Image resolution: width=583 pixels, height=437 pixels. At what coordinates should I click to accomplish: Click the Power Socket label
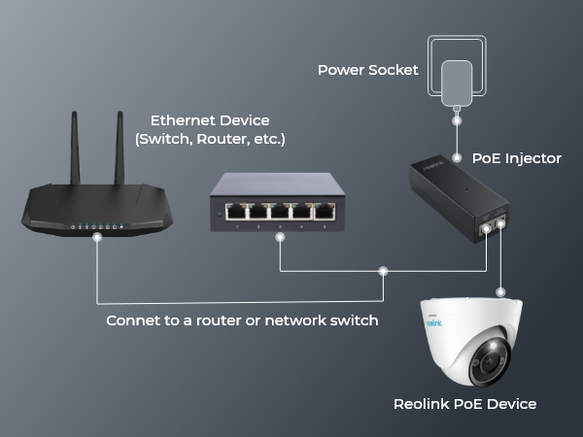click(368, 70)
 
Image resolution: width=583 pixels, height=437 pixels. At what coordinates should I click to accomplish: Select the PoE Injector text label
click(517, 157)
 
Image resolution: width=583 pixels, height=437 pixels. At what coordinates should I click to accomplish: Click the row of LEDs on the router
click(96, 227)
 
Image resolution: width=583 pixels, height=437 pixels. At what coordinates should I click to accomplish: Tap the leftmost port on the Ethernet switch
click(234, 209)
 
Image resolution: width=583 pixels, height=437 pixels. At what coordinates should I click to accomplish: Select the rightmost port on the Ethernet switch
click(325, 209)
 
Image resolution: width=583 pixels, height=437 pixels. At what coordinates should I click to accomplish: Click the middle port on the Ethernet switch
click(280, 209)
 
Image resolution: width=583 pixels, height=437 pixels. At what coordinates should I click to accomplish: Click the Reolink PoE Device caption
click(464, 403)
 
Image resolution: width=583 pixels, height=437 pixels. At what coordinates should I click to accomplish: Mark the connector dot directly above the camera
click(500, 290)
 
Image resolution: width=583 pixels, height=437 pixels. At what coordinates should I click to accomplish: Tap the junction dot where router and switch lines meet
click(383, 270)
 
